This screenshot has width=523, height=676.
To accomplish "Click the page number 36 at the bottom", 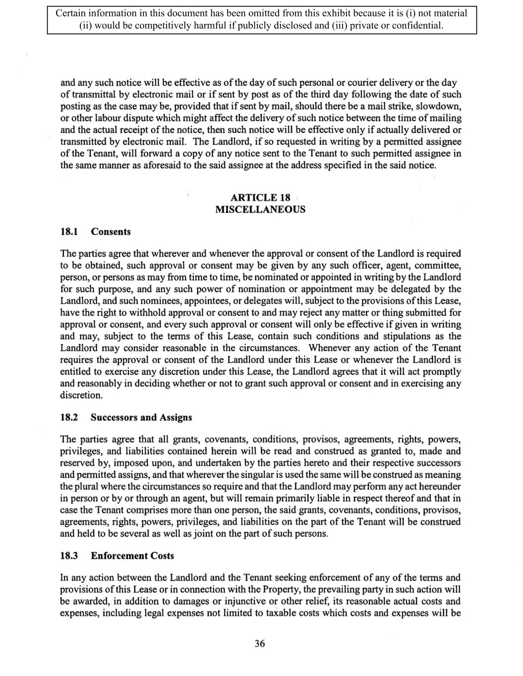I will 260,643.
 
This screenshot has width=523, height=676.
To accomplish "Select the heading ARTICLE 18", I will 260,198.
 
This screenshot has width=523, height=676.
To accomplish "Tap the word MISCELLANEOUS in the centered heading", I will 260,209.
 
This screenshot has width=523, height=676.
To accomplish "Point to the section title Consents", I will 111,232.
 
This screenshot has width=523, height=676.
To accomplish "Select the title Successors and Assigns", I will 141,417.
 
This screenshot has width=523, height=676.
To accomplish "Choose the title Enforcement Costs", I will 132,556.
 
